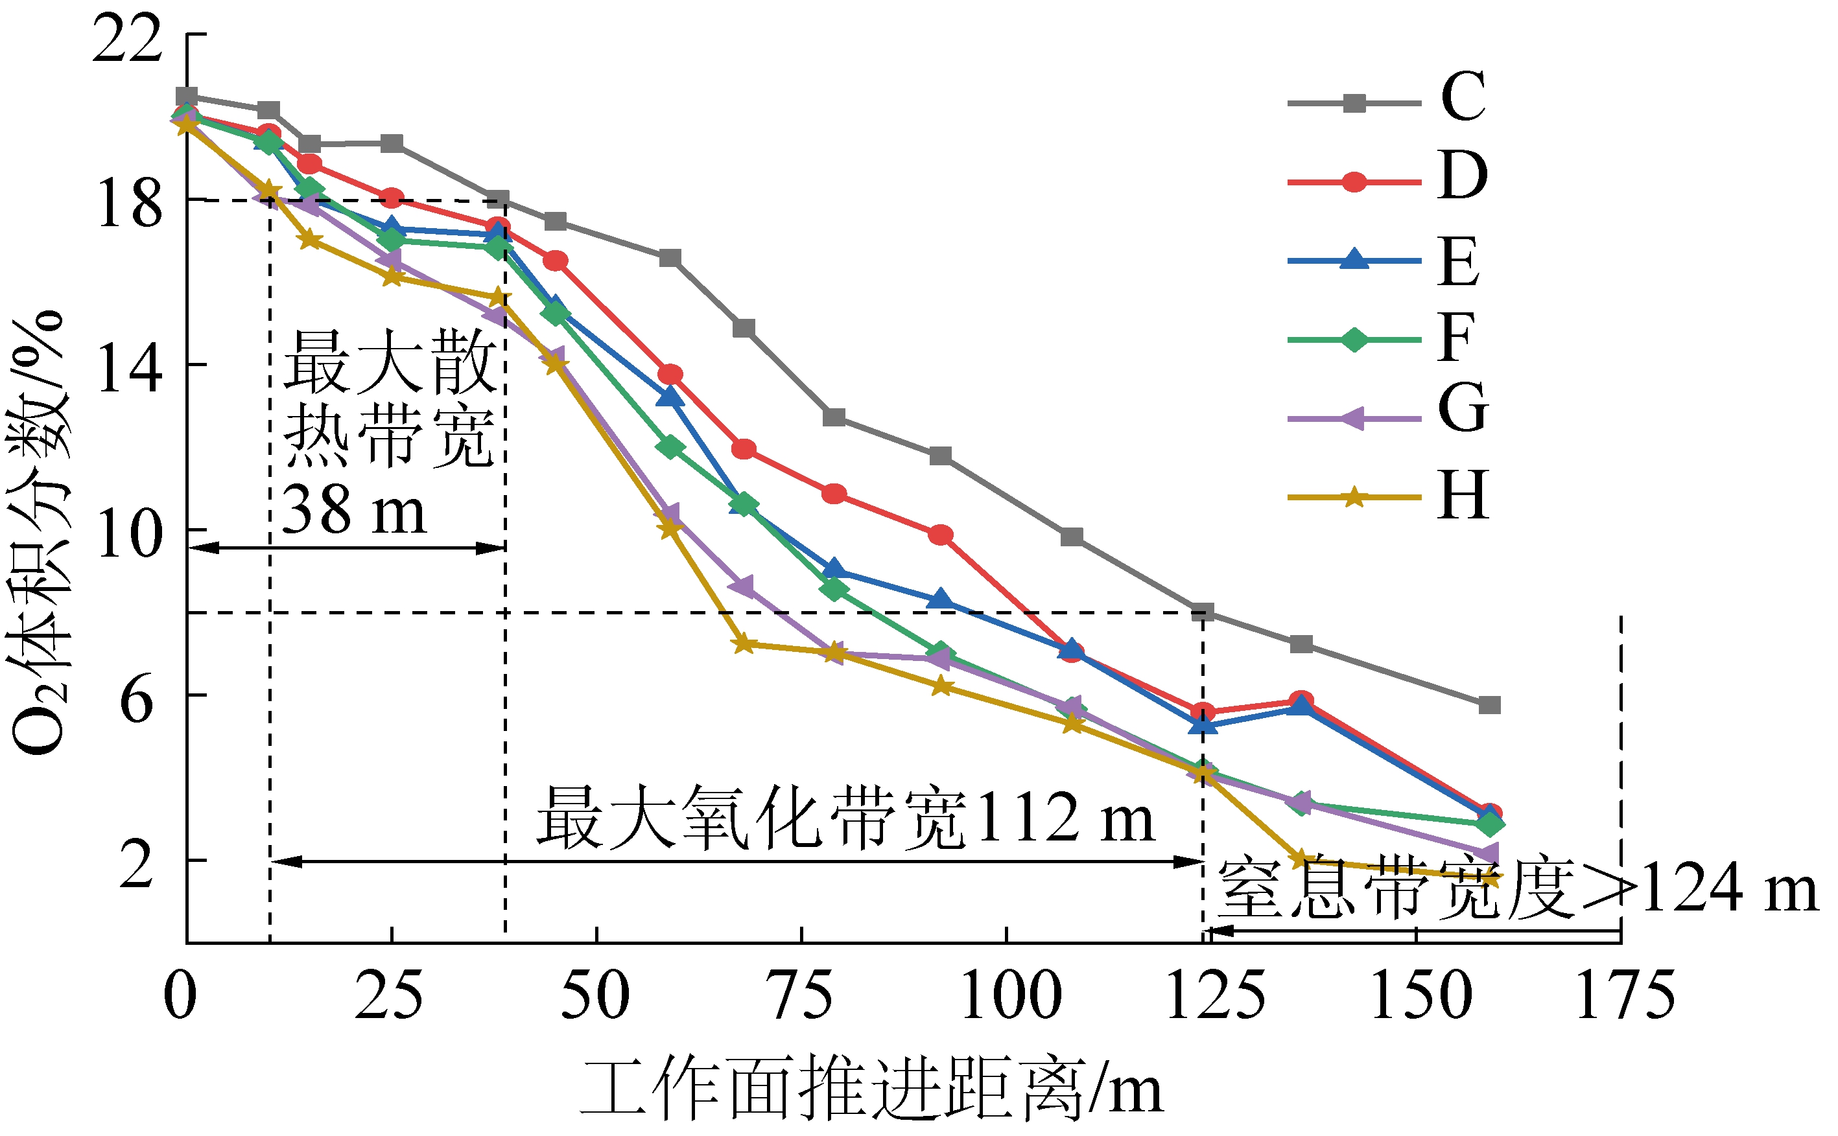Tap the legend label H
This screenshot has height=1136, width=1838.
(1462, 495)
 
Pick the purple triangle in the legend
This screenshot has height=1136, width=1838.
(1353, 418)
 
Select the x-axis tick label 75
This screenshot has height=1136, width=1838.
(803, 995)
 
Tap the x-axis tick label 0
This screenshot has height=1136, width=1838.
(180, 995)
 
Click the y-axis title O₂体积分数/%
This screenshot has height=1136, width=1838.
(38, 533)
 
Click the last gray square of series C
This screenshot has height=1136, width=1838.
(1489, 705)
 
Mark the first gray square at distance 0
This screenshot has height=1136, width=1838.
(186, 96)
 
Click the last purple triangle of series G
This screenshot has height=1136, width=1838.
(1488, 854)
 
